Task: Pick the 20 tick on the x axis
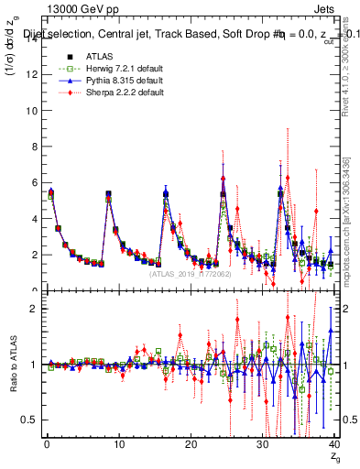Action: click(190, 444)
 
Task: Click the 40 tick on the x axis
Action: click(333, 444)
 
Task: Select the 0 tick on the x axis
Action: click(46, 444)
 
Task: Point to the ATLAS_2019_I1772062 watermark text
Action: click(190, 273)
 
